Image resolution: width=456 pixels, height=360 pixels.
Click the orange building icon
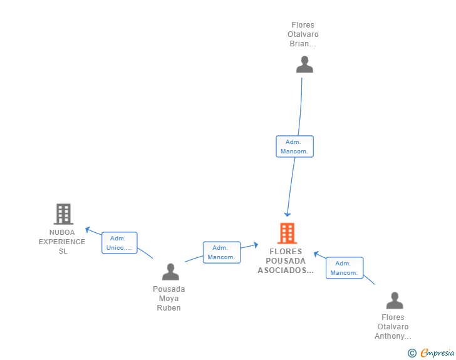(x=287, y=233)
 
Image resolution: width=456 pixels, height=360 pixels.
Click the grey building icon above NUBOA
(x=63, y=213)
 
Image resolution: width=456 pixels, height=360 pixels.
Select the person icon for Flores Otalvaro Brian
(x=304, y=64)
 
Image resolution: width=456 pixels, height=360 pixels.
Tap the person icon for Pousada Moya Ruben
(x=170, y=272)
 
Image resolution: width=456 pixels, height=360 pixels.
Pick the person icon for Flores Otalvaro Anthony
(x=395, y=300)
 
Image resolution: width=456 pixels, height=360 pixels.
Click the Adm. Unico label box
(x=119, y=243)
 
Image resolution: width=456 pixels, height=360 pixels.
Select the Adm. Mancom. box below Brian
(x=294, y=147)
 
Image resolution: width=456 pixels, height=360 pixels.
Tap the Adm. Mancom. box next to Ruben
(x=222, y=252)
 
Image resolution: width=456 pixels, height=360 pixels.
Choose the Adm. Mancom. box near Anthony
(x=345, y=268)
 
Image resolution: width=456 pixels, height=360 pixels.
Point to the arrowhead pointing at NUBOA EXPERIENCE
(x=87, y=229)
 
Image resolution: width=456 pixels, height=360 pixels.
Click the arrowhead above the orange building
(x=288, y=215)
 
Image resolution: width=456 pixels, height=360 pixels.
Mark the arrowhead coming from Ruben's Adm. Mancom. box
(x=256, y=245)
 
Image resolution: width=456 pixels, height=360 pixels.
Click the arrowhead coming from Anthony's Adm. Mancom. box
(x=316, y=254)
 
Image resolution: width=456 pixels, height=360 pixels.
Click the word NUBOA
(x=62, y=232)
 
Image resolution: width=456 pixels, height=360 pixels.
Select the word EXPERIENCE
(x=62, y=242)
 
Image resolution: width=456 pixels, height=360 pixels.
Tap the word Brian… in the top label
(x=303, y=44)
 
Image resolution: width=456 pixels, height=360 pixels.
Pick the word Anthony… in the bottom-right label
(x=393, y=336)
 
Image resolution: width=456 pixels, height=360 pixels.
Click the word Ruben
(x=168, y=307)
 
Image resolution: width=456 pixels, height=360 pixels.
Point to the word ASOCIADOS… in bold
(x=286, y=270)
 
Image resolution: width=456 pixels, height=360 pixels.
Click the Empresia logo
(x=431, y=352)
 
